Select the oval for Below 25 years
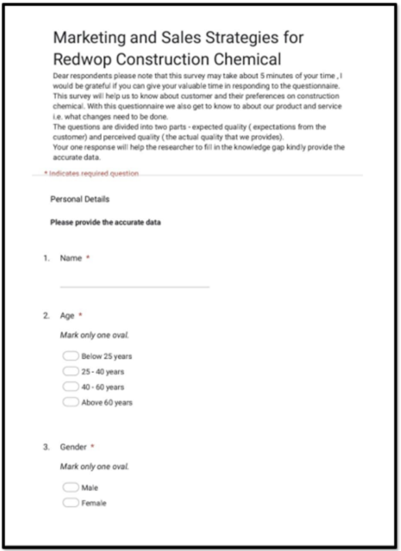pos(70,356)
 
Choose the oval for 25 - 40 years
pos(70,371)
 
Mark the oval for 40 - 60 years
pos(70,387)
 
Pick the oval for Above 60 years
pos(70,402)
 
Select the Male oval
pos(70,488)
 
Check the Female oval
pos(70,503)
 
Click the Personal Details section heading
pos(80,199)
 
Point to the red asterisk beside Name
pos(88,258)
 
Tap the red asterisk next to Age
pos(81,315)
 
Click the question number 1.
pos(46,259)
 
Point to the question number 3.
pos(46,447)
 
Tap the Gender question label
pos(73,447)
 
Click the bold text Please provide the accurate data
pos(105,223)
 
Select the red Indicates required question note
pos(92,174)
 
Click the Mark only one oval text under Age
pos(94,335)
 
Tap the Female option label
pos(94,503)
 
